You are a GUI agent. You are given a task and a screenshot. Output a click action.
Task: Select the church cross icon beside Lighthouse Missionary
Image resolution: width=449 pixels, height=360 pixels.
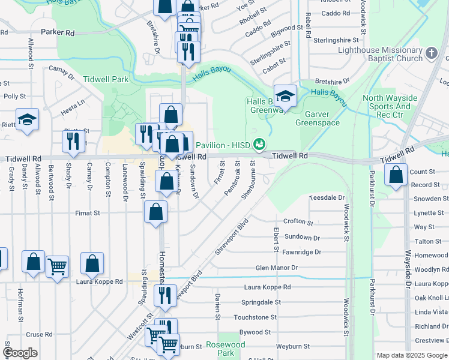[x=431, y=54]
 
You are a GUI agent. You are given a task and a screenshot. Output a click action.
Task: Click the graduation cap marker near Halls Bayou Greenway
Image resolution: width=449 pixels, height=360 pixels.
[x=286, y=95]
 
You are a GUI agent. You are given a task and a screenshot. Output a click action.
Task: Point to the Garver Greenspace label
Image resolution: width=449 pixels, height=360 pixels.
[x=318, y=118]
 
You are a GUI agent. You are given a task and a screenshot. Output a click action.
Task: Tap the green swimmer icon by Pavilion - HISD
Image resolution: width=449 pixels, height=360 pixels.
[x=259, y=144]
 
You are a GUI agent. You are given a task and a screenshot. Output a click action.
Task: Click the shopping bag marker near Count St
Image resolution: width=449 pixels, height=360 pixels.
[x=396, y=175]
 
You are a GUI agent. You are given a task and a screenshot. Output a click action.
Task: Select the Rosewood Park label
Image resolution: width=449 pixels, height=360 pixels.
[x=225, y=349]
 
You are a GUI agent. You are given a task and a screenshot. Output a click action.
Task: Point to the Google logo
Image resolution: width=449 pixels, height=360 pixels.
[x=20, y=353]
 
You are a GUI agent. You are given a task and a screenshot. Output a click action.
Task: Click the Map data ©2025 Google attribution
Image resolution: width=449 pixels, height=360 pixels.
[x=412, y=355]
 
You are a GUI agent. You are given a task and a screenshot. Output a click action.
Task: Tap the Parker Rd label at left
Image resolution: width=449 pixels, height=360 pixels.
[x=58, y=31]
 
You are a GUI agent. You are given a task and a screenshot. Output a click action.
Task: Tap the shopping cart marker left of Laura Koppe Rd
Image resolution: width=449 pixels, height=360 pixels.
[x=57, y=266]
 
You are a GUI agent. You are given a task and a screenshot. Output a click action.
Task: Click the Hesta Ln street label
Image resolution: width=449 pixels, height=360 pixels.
[x=74, y=103]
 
